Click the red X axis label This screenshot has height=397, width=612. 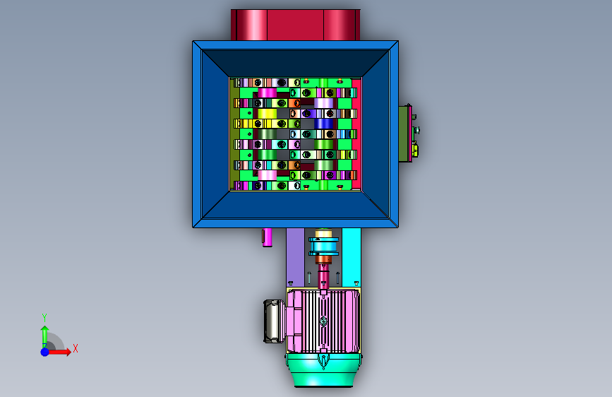[76, 348]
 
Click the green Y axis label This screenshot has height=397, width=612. [44, 318]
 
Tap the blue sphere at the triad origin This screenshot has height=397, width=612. [45, 352]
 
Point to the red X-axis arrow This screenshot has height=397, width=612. [59, 352]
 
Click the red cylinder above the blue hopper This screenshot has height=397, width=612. [296, 25]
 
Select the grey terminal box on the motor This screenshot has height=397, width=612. [274, 321]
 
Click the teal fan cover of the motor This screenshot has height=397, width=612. [323, 370]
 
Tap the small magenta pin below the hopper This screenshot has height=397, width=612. [267, 237]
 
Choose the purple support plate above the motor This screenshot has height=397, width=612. [295, 257]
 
